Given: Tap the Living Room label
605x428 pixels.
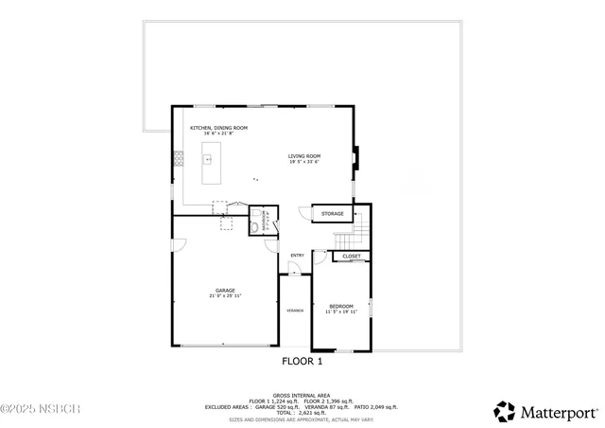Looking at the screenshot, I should click(304, 155).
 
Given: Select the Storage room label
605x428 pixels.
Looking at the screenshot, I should click(332, 214).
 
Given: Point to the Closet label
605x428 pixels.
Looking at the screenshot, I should click(351, 256).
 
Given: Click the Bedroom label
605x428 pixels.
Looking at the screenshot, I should click(341, 306).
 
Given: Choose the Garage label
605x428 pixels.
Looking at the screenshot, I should click(225, 290).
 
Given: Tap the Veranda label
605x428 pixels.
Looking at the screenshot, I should click(295, 310).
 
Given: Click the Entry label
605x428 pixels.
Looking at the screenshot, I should click(297, 255).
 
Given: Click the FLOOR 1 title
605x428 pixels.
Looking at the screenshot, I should click(302, 361).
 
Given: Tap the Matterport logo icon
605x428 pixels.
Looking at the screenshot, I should click(505, 412).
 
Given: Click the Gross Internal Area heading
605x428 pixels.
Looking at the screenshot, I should click(302, 395).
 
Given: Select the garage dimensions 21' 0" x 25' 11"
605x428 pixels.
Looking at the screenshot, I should click(225, 296).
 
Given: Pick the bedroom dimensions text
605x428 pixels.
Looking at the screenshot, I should click(341, 312).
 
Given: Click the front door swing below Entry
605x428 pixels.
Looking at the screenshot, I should click(294, 270).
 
